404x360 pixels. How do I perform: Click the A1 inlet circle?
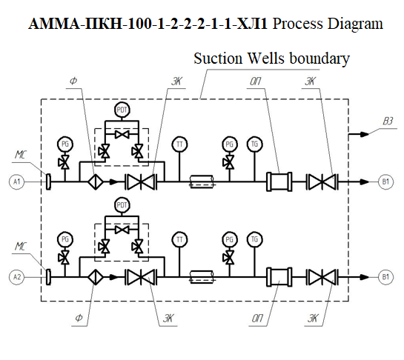17,181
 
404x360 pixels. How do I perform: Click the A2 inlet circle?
17,277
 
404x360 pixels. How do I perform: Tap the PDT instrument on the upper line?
122,110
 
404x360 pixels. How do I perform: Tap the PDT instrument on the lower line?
122,205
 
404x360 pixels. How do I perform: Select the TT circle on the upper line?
179,144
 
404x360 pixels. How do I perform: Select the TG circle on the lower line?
254,239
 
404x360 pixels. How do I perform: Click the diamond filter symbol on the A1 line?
96,181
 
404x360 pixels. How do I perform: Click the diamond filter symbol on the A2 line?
96,277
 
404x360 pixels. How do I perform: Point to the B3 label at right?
388,121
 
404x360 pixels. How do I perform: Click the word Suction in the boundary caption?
218,59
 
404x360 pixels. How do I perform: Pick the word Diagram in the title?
355,24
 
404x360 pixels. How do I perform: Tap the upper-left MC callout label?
21,155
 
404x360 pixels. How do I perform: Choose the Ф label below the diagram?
79,319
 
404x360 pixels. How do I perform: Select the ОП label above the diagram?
256,81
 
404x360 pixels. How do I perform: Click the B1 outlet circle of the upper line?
385,181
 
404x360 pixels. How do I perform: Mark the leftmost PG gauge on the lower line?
65,239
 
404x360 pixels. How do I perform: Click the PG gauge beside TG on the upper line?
229,144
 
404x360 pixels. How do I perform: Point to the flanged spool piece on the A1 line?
279,181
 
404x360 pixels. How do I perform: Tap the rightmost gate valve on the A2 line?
322,277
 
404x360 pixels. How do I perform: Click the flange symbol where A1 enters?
48,181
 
